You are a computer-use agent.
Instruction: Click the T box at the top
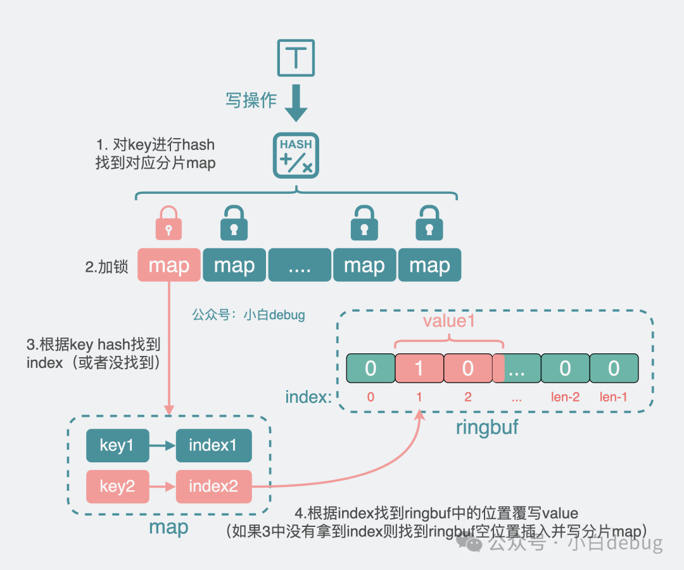(x=296, y=58)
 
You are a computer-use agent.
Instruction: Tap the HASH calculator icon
(x=296, y=155)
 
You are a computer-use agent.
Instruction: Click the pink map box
(x=169, y=265)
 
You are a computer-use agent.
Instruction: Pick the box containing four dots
(x=300, y=265)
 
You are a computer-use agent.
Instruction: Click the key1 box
(x=117, y=445)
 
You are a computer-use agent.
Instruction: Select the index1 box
(x=213, y=445)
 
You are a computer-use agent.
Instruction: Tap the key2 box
(x=117, y=486)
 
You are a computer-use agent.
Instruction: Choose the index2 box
(x=213, y=486)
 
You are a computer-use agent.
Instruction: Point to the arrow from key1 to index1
(x=162, y=445)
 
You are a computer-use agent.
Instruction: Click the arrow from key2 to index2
(x=162, y=486)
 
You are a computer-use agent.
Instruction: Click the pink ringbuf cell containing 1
(x=419, y=369)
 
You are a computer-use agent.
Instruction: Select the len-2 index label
(x=565, y=398)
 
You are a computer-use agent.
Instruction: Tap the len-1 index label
(x=613, y=398)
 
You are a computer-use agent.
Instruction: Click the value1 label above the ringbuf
(x=448, y=320)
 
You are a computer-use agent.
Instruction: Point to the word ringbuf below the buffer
(x=487, y=427)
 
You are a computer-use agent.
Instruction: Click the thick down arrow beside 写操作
(x=296, y=105)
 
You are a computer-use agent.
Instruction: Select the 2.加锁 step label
(x=106, y=267)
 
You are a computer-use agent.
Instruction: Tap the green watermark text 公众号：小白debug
(x=248, y=315)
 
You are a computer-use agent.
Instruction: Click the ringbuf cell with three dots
(x=517, y=369)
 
